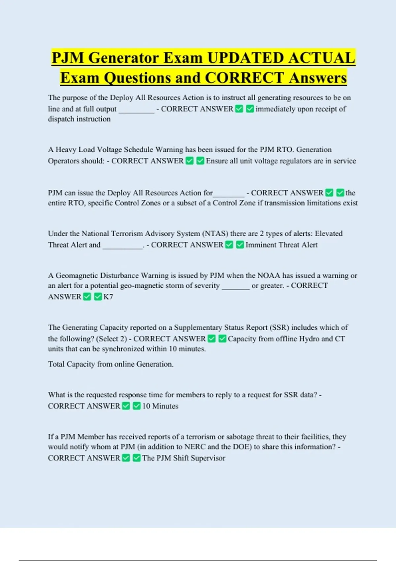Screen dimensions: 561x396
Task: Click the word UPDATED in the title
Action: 245,58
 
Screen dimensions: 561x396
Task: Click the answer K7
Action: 108,297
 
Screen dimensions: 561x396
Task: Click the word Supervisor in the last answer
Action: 208,458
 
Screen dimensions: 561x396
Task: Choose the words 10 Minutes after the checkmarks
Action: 160,406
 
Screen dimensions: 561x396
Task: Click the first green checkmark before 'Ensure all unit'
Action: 189,161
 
